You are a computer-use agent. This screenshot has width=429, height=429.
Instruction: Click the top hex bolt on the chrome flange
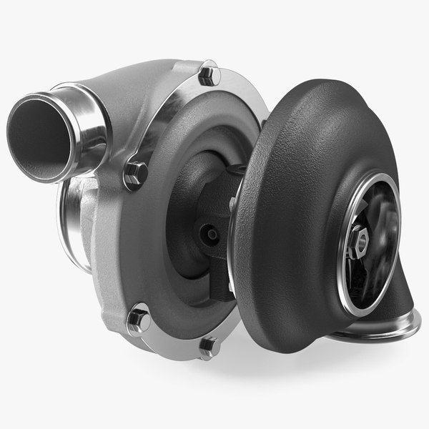[209, 74]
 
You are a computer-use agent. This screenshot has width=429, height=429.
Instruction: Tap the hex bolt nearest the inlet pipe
[135, 172]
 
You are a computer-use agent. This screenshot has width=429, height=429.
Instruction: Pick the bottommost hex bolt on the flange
[209, 347]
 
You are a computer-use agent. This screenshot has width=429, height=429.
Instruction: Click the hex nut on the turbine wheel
[360, 244]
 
